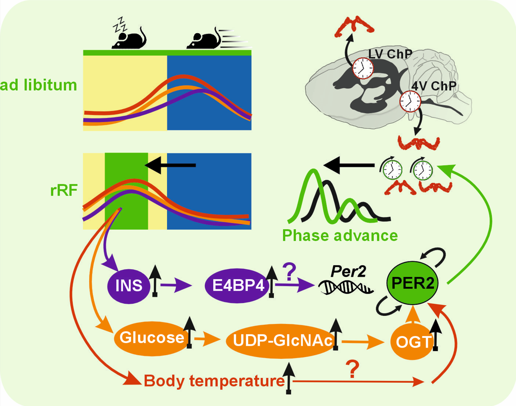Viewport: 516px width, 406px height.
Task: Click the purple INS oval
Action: point(130,284)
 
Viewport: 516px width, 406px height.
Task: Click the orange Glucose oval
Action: point(150,337)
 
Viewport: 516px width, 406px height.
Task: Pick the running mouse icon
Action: point(205,38)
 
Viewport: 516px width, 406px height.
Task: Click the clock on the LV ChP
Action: point(363,68)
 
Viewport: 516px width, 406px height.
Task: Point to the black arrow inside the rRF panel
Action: point(170,165)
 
